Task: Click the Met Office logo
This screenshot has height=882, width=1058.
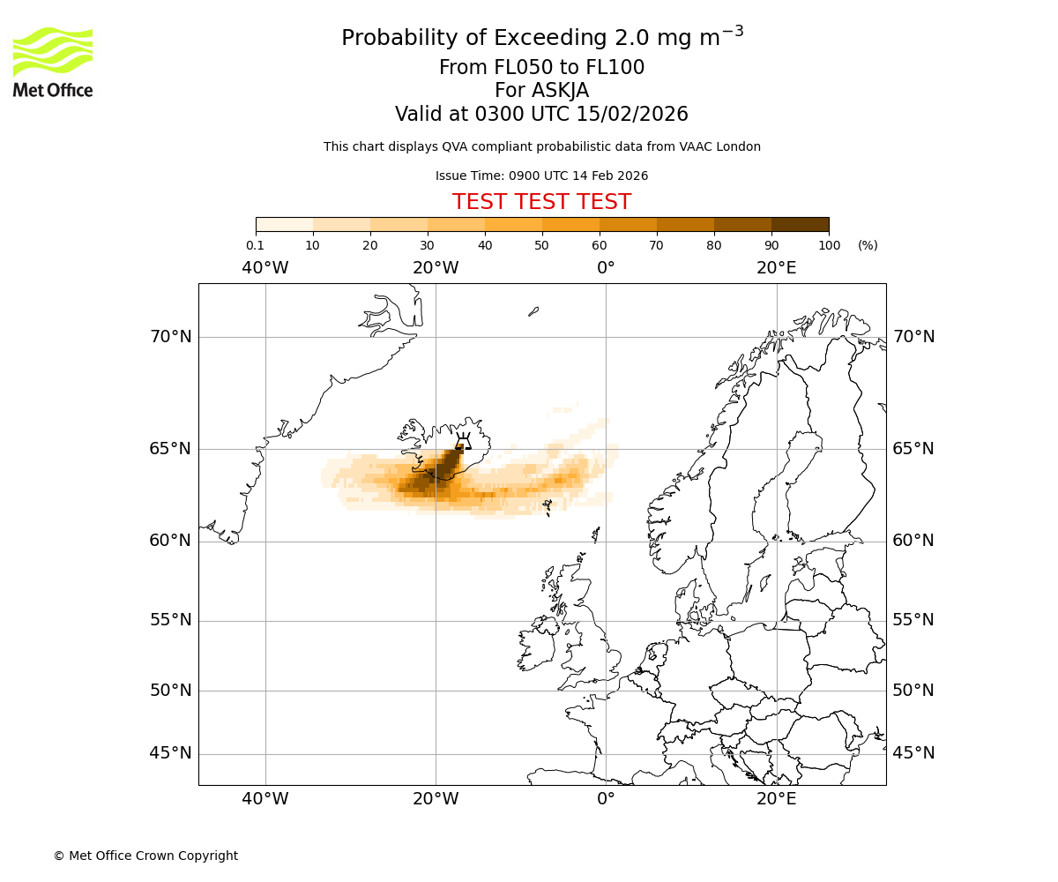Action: point(53,62)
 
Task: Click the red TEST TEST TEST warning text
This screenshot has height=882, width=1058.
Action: point(541,203)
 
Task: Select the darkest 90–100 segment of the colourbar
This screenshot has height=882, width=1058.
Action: point(800,225)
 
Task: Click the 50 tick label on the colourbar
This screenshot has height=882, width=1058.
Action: point(541,245)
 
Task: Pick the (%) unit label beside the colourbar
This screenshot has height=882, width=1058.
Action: point(868,245)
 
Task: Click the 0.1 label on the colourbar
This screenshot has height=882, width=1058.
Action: point(255,245)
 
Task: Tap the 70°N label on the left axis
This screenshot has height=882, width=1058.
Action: point(170,337)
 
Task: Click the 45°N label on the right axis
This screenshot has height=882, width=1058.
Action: point(913,753)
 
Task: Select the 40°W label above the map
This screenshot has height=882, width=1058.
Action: point(264,268)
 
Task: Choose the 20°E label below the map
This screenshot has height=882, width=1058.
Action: point(776,799)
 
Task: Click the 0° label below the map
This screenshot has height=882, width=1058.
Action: point(606,799)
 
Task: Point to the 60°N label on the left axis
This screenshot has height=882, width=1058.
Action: point(170,541)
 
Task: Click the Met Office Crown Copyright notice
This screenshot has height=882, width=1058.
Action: point(145,856)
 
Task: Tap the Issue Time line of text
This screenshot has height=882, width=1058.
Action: point(541,176)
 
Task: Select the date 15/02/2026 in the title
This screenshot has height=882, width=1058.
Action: point(632,115)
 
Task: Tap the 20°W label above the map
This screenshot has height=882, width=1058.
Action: point(436,268)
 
